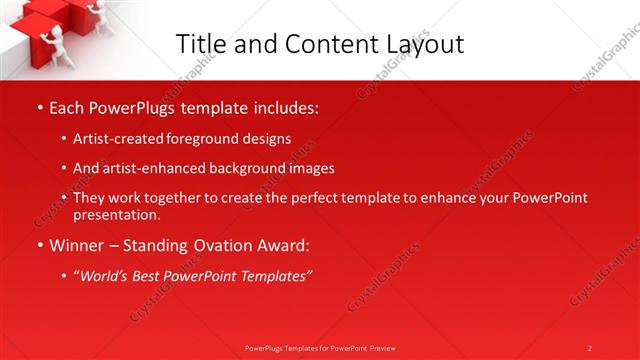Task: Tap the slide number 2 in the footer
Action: (x=590, y=348)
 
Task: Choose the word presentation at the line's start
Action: (x=115, y=214)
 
